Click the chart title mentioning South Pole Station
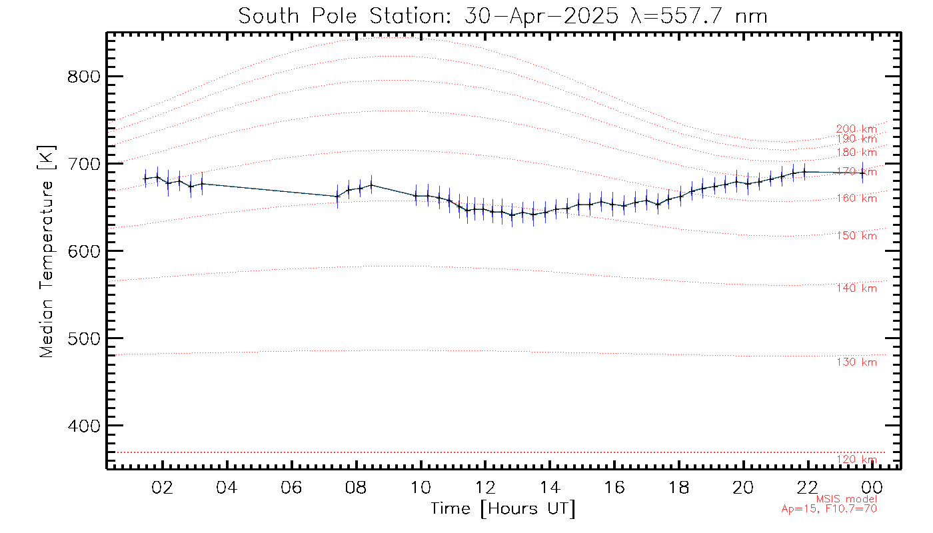coord(503,16)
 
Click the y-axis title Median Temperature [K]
coord(46,252)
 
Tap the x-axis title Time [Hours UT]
coord(503,509)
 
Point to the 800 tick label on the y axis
coord(85,77)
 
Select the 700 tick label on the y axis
coord(85,164)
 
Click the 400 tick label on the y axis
coord(85,426)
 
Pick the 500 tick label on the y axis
coord(85,338)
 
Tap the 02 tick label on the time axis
coord(162,487)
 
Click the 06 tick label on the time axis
coord(291,487)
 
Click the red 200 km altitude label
coord(856,129)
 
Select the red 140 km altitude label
coord(856,288)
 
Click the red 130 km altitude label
coord(856,362)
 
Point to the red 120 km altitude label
coord(856,460)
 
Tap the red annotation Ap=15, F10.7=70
coord(829,508)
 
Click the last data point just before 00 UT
coord(862,173)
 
